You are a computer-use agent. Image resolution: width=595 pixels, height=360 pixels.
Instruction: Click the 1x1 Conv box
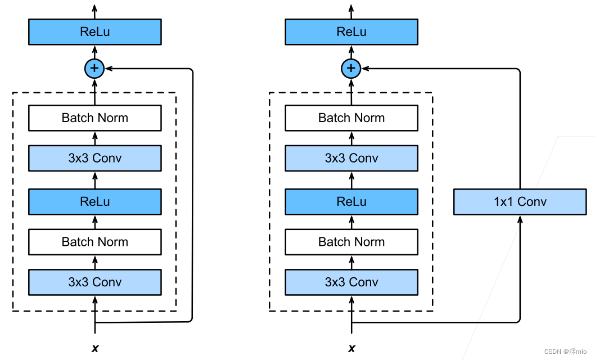520,201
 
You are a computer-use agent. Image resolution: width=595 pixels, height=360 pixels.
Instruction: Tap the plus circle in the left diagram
94,69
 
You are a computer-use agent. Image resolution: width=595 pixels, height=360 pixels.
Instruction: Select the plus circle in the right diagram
351,69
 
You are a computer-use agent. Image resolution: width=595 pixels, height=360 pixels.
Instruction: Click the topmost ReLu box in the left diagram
94,31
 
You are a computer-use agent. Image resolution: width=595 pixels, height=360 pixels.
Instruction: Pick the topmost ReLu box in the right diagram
351,31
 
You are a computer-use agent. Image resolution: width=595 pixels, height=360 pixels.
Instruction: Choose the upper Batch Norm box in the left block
94,118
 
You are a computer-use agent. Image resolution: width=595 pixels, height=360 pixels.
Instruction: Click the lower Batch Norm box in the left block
94,242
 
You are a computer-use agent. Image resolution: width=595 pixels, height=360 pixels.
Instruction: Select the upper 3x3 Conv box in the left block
94,158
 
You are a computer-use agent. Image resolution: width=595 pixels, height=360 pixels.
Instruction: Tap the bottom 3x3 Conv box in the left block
94,282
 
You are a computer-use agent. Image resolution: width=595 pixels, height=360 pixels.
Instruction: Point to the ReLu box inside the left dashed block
94,201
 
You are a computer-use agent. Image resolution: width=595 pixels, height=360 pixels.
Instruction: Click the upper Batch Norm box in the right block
351,118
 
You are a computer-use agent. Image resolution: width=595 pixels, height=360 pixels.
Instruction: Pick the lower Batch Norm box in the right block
351,242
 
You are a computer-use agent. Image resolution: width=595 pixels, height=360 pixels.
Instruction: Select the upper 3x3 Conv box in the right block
351,158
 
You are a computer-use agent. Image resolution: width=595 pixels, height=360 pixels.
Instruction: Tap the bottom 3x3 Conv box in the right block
351,282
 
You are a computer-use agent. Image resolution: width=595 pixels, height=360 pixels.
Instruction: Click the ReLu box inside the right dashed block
351,201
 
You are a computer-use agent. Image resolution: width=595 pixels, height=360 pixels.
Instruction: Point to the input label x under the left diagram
94,349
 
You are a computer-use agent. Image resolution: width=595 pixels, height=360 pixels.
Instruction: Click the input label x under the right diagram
351,349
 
